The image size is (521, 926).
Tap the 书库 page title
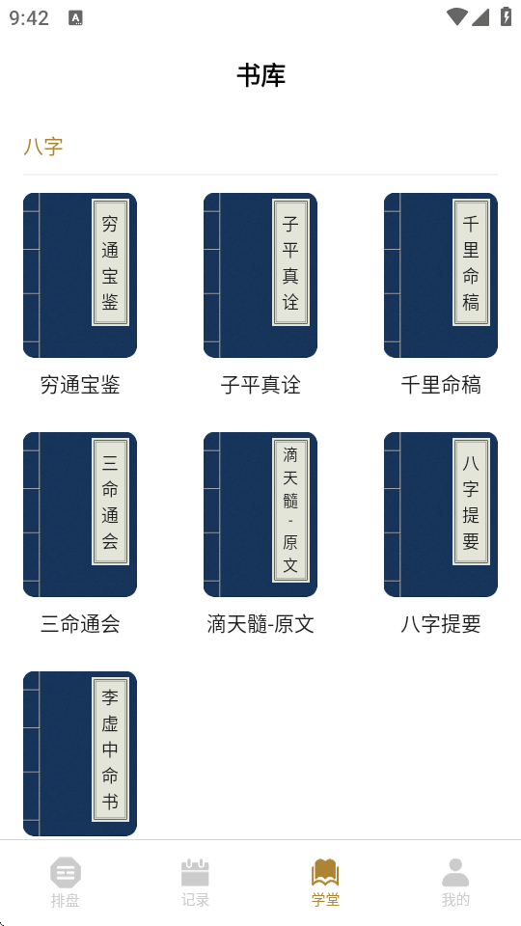tap(261, 75)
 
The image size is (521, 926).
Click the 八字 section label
tap(43, 147)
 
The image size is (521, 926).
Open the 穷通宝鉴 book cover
tap(80, 275)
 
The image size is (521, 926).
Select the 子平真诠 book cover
tap(260, 275)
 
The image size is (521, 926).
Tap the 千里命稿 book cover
tap(441, 275)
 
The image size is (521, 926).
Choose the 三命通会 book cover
tap(80, 514)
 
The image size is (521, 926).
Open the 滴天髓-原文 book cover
tap(260, 514)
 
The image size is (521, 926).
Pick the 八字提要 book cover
tap(441, 514)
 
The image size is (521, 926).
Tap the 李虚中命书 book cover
tap(80, 753)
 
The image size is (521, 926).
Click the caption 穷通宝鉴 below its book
tap(80, 385)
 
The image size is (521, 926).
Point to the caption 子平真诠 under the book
tap(260, 385)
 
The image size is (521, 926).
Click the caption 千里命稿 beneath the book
tap(441, 385)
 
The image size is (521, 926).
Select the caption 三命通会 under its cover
tap(80, 624)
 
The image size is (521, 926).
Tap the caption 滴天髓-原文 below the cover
tap(260, 624)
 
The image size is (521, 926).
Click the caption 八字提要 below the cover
tap(441, 624)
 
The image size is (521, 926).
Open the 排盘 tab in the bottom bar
tap(65, 883)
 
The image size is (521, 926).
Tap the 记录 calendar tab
tap(196, 883)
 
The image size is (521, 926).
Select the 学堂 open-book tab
tap(325, 883)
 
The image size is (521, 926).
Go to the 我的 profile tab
tap(455, 883)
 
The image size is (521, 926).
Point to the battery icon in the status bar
tap(506, 16)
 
